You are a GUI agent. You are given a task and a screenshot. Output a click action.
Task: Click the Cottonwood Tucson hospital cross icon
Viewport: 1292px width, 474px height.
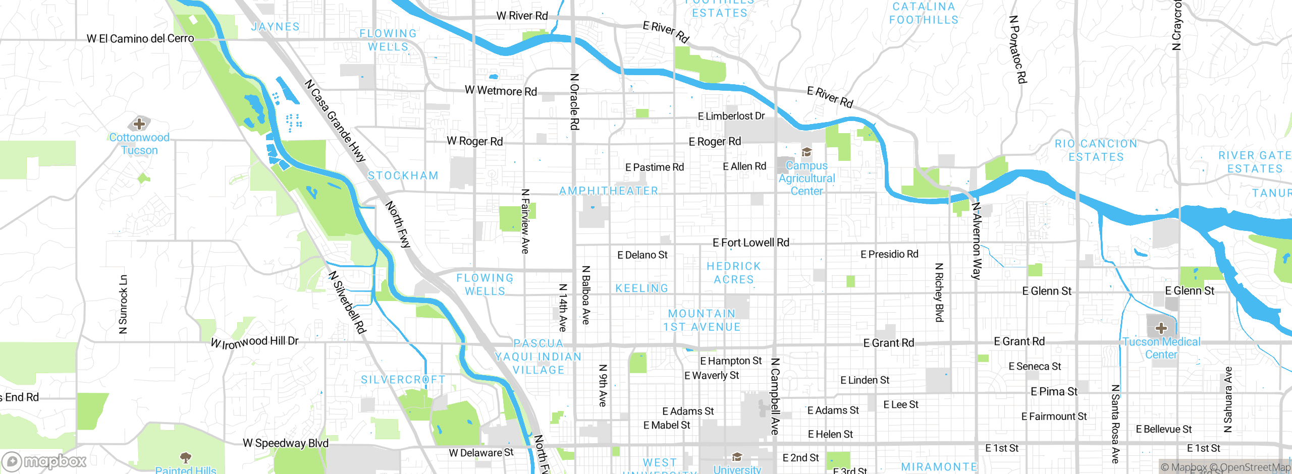139,124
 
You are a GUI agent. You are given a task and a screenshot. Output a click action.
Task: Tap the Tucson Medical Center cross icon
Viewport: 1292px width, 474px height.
1161,328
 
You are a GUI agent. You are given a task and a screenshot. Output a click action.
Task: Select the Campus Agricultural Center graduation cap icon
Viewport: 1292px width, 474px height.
806,152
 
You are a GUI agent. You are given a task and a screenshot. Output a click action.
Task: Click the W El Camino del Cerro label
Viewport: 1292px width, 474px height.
140,38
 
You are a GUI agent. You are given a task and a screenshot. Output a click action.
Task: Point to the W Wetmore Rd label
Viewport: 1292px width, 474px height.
501,91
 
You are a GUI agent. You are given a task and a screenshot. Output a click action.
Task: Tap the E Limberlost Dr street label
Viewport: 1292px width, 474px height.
731,116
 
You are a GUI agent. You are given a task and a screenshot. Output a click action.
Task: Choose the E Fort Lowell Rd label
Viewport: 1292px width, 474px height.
750,243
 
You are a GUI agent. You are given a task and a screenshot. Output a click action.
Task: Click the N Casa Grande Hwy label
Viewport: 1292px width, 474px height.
335,121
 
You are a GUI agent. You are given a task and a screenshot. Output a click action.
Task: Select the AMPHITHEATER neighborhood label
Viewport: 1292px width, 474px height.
609,191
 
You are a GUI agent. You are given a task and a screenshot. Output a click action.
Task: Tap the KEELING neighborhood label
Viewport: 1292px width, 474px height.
641,288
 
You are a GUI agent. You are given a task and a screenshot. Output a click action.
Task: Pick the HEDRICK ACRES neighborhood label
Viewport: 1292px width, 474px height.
733,273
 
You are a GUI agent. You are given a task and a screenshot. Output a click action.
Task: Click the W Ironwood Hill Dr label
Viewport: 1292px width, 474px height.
254,342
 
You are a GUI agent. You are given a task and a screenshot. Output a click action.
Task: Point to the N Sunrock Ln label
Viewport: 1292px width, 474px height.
123,304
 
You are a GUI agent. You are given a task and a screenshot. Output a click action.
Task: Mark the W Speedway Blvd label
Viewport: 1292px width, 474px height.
286,443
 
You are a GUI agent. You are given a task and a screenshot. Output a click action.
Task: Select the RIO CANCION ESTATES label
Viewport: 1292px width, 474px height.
1096,150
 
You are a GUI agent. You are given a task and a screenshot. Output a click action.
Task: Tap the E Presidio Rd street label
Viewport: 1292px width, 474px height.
889,254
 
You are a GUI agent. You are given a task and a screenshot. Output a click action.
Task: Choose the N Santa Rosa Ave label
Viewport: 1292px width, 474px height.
1115,424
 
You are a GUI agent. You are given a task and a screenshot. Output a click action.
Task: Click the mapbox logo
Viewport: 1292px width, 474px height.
44,461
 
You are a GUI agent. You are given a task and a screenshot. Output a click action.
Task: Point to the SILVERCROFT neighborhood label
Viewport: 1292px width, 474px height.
403,379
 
